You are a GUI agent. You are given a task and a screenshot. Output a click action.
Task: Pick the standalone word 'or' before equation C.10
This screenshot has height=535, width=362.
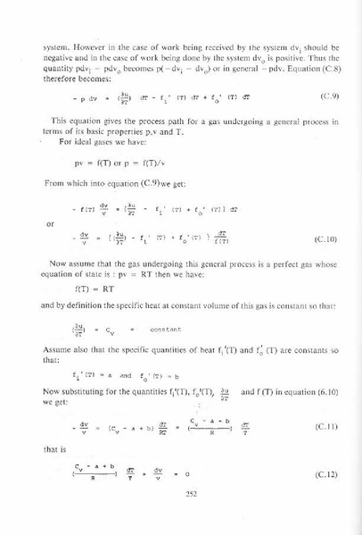point(49,223)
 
